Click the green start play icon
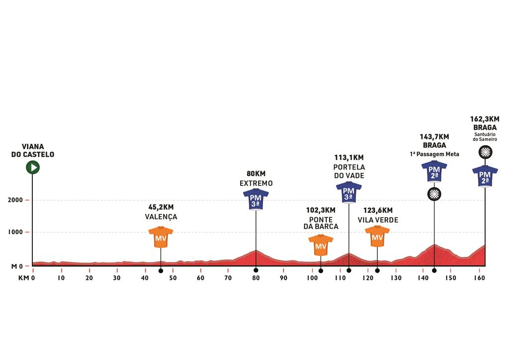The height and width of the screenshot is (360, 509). pyautogui.click(x=33, y=167)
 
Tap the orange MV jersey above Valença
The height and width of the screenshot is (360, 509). pyautogui.click(x=161, y=237)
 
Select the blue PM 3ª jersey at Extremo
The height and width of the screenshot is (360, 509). pyautogui.click(x=255, y=199)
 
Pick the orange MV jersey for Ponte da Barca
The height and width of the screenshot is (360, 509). pyautogui.click(x=321, y=245)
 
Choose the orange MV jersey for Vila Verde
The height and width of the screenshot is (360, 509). pyautogui.click(x=377, y=236)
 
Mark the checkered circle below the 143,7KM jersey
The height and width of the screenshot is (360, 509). pyautogui.click(x=434, y=193)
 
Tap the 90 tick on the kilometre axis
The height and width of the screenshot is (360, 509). pyautogui.click(x=284, y=279)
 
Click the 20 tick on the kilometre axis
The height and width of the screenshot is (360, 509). pyautogui.click(x=89, y=279)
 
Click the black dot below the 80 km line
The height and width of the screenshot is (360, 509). pyautogui.click(x=255, y=270)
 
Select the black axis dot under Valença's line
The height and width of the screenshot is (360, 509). pyautogui.click(x=161, y=270)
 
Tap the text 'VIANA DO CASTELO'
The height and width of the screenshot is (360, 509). pyautogui.click(x=33, y=151)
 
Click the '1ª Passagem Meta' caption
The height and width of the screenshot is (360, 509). pyautogui.click(x=434, y=155)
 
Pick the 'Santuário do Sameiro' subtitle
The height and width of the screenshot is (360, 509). pyautogui.click(x=485, y=137)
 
